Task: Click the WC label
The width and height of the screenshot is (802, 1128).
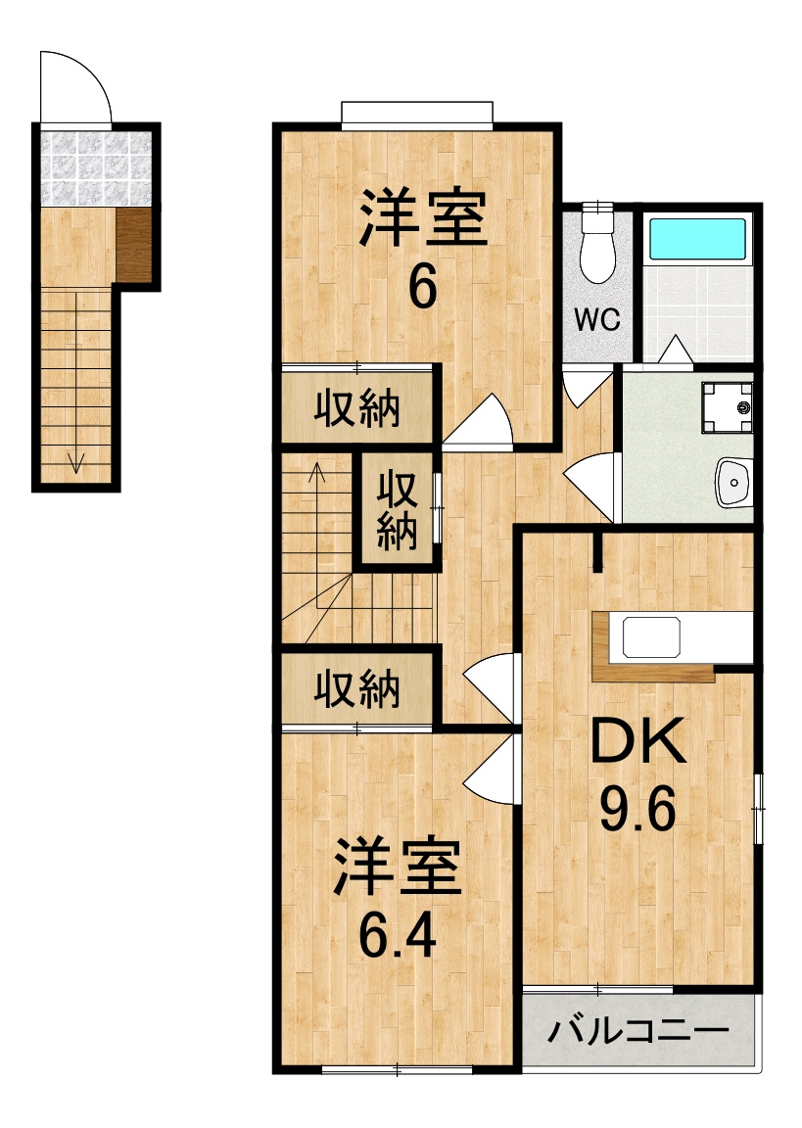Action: [597, 319]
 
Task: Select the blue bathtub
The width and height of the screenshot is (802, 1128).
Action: [697, 238]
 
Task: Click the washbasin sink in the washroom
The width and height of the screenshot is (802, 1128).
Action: [733, 482]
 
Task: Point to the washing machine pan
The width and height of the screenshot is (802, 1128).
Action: [728, 407]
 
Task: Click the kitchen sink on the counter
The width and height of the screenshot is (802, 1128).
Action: [651, 636]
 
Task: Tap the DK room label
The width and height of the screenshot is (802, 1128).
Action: [637, 741]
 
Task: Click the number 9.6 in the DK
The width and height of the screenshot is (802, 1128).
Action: [637, 809]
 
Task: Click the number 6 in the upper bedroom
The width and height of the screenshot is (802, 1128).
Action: [423, 287]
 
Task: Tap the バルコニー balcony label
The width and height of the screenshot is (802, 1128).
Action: [638, 1032]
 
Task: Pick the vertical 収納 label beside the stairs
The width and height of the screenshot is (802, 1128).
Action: [397, 509]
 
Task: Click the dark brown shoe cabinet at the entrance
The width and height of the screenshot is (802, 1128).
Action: [134, 246]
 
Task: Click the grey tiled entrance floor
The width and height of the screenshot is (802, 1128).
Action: [96, 168]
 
